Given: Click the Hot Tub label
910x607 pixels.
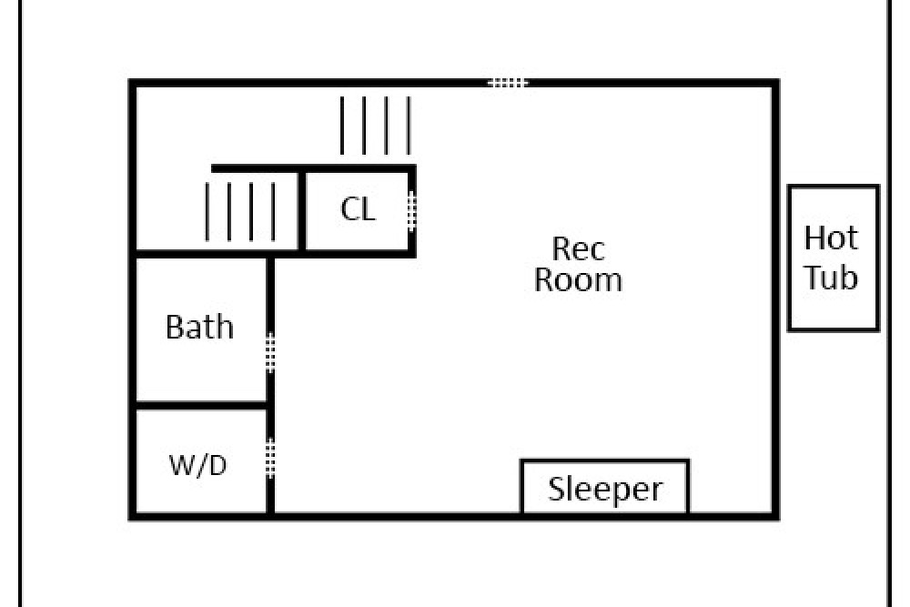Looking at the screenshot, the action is pyautogui.click(x=831, y=258).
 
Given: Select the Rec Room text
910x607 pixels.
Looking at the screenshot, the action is pyautogui.click(x=578, y=265).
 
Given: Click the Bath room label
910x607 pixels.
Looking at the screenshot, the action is pyautogui.click(x=199, y=327).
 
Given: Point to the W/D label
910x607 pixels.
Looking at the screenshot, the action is pyautogui.click(x=197, y=465).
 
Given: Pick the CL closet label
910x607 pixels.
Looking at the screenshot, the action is pyautogui.click(x=358, y=209).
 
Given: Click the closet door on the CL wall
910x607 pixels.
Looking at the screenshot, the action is pyautogui.click(x=411, y=210).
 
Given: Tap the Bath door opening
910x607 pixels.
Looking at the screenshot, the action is pyautogui.click(x=270, y=353).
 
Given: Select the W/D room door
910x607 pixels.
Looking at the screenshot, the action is pyautogui.click(x=270, y=458).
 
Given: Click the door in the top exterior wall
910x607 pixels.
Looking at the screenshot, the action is pyautogui.click(x=508, y=83).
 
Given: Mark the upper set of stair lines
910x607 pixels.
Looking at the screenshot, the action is pyautogui.click(x=376, y=126).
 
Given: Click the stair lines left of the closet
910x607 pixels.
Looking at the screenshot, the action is pyautogui.click(x=240, y=211).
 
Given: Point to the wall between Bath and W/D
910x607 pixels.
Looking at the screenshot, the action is pyautogui.click(x=201, y=404).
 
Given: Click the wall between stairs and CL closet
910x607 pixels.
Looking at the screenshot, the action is pyautogui.click(x=302, y=211).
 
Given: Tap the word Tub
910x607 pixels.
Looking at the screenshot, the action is pyautogui.click(x=831, y=278).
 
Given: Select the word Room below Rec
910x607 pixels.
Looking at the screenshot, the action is pyautogui.click(x=578, y=279).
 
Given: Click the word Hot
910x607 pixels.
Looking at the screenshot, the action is pyautogui.click(x=831, y=238).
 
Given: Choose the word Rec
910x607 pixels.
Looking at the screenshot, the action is pyautogui.click(x=578, y=249).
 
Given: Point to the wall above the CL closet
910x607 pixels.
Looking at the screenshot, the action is pyautogui.click(x=314, y=169).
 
